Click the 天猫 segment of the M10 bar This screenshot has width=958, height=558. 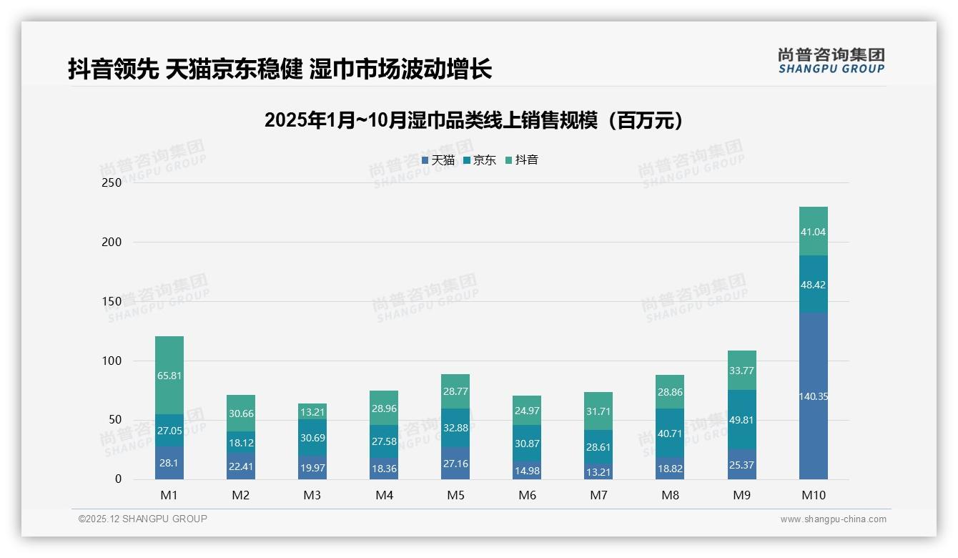tap(813, 396)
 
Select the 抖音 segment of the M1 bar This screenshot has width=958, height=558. tap(169, 375)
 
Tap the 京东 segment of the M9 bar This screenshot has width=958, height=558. tap(741, 419)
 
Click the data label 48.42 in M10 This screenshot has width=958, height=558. tap(813, 285)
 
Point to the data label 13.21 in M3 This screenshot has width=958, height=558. tap(312, 411)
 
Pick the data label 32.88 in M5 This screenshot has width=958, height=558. tap(455, 429)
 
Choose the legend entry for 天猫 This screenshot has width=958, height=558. tap(438, 160)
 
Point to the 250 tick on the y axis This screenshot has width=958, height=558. tap(112, 182)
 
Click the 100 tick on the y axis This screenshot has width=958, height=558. tap(112, 361)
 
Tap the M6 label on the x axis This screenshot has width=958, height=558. tap(527, 495)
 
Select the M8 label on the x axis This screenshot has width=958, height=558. tap(670, 495)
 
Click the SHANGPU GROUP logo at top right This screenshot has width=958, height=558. tap(831, 61)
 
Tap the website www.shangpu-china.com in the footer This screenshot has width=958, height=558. tap(833, 519)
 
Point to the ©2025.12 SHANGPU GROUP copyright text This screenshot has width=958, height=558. tap(143, 519)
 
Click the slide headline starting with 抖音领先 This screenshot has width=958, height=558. tap(280, 69)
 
